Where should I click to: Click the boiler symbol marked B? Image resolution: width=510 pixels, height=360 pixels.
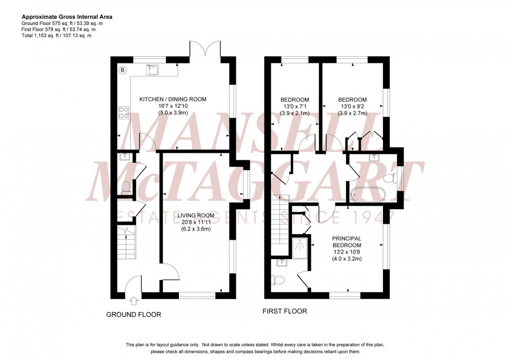[x=123, y=70]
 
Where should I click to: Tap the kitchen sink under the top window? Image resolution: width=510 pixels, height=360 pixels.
[x=152, y=70]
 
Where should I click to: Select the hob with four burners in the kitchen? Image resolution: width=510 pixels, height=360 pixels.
[x=124, y=112]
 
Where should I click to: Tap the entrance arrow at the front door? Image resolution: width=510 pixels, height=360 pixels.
[x=134, y=300]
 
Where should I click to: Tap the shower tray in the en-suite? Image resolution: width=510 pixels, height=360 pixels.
[x=300, y=248]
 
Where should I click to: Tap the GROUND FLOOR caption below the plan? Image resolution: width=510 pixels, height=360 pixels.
[x=134, y=315]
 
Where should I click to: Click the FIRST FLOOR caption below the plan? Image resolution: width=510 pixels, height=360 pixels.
[x=285, y=312]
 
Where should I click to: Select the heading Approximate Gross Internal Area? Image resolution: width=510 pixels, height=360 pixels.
[x=67, y=17]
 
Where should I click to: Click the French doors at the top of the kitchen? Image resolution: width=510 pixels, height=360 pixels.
[x=206, y=49]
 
